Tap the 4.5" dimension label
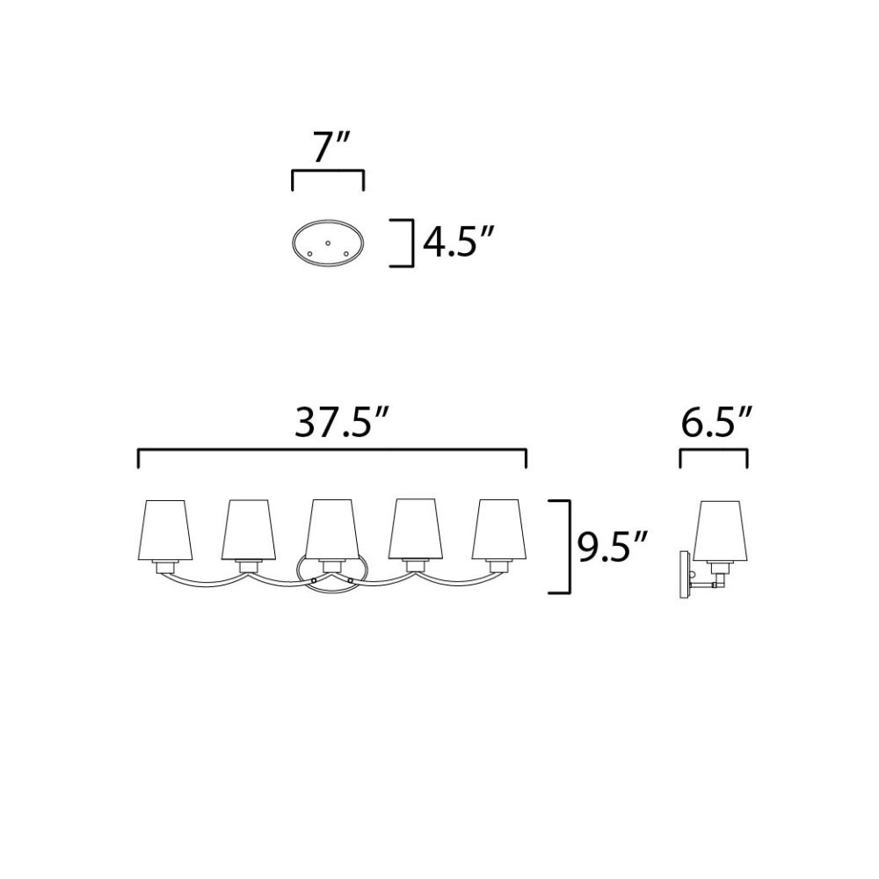click(x=458, y=243)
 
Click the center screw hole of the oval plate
click(x=328, y=243)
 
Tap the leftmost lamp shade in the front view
click(x=165, y=530)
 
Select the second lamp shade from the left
click(x=249, y=530)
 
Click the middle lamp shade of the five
click(x=332, y=530)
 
